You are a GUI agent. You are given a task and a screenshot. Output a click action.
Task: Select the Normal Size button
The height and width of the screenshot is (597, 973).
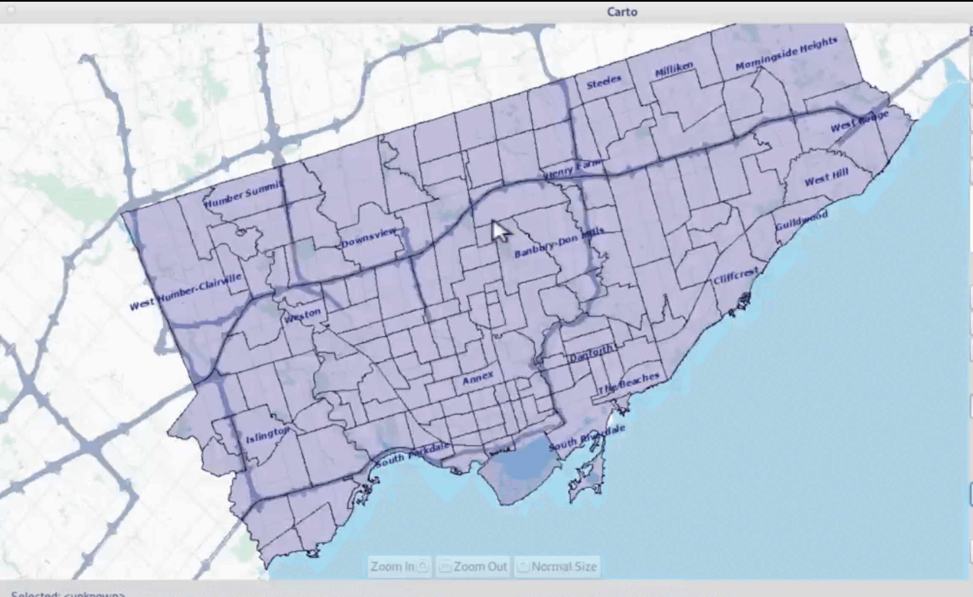[557, 566]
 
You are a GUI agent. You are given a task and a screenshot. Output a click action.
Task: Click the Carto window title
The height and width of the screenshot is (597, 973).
[622, 12]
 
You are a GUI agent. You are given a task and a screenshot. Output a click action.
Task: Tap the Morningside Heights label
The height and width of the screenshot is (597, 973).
[786, 54]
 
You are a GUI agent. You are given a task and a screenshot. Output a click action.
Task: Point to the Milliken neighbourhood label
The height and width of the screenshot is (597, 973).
[674, 69]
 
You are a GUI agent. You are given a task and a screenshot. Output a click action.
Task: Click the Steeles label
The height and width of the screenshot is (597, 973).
[604, 82]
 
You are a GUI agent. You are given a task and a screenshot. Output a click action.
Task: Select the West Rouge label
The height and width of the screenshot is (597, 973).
[859, 121]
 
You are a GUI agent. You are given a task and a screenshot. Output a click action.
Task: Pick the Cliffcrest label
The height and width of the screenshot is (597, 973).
[736, 276]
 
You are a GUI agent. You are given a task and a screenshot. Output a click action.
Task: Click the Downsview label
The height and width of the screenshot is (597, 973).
[369, 238]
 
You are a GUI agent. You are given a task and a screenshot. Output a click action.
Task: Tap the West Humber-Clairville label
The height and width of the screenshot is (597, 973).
[186, 291]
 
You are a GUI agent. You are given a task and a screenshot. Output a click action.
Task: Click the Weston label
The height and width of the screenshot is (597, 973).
[302, 315]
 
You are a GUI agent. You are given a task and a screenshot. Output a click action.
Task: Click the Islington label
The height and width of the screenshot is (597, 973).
[268, 435]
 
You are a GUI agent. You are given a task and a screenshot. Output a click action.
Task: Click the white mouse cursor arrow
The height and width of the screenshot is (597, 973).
[499, 230]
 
